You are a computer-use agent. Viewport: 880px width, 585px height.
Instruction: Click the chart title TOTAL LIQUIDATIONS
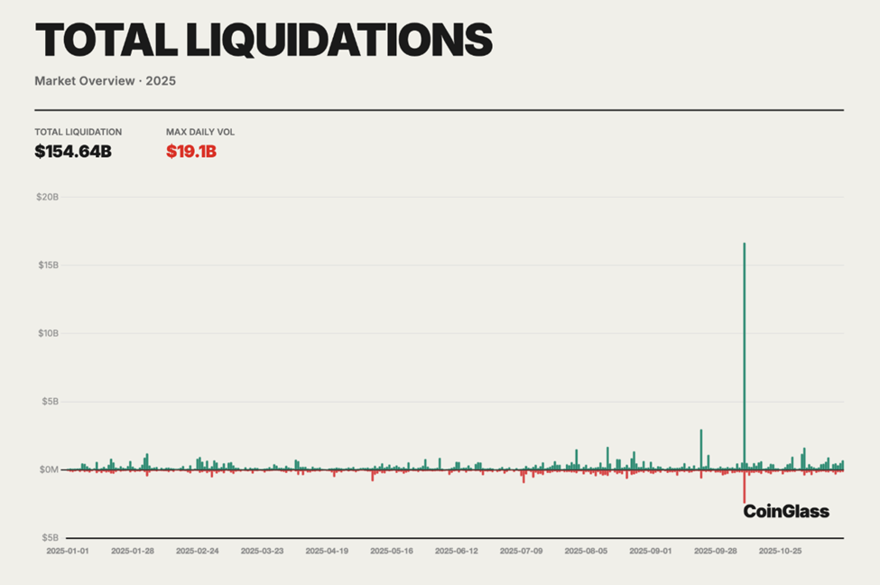point(263,41)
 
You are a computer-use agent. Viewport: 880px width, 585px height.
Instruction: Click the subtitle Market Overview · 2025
point(105,81)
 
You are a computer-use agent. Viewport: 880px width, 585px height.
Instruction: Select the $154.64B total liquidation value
point(73,152)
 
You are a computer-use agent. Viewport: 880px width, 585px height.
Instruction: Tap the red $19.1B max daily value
point(191,152)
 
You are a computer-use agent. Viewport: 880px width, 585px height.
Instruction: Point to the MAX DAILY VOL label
point(200,132)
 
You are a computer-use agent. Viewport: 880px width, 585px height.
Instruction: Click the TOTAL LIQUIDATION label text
point(78,132)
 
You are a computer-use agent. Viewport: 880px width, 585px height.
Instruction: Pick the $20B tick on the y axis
point(47,197)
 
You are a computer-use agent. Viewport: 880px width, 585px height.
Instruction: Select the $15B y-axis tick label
point(47,265)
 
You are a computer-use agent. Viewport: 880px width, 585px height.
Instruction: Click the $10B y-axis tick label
point(47,333)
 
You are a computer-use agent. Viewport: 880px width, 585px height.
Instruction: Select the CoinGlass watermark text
point(786,512)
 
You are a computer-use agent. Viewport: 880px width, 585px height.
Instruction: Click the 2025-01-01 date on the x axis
point(69,550)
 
